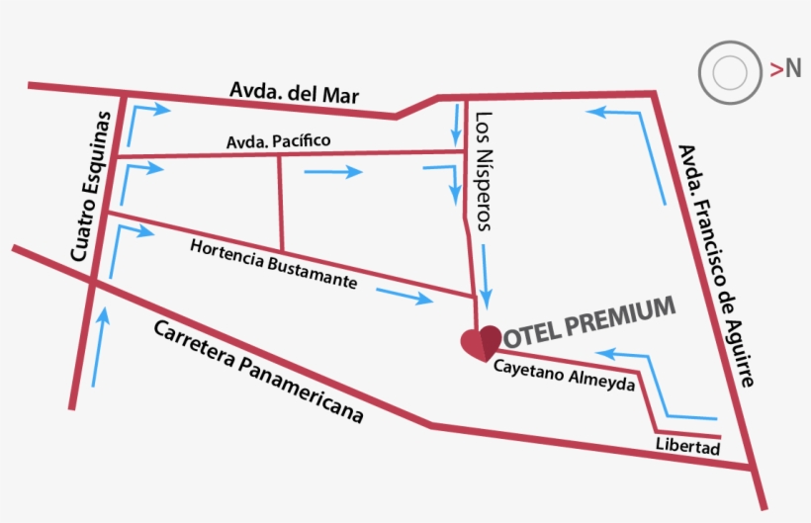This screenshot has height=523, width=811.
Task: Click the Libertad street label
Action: coord(687,446)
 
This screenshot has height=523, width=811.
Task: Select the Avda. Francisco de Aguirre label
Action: coord(719,264)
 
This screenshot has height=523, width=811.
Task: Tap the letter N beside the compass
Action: coord(792,68)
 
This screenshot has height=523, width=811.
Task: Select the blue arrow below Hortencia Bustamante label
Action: coord(404,296)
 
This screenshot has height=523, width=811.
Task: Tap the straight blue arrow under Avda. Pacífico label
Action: coord(333,173)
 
